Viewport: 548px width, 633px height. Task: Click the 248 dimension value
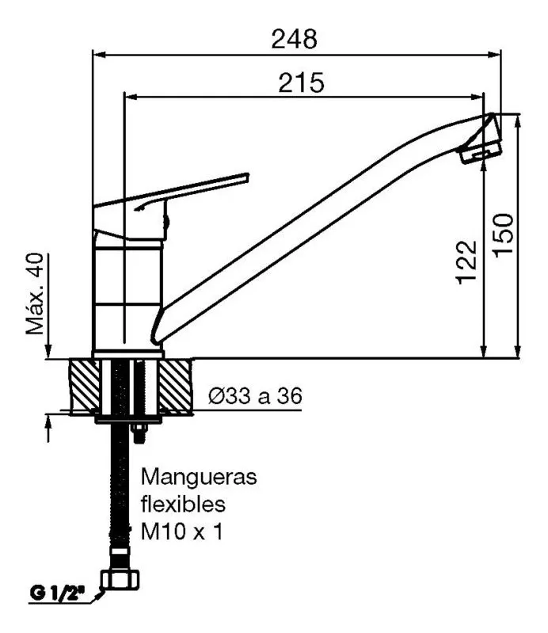pos(294,40)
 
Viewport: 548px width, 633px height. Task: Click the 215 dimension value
pos(301,82)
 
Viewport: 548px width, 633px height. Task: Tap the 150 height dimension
pos(503,235)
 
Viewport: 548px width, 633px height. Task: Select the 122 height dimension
pos(466,262)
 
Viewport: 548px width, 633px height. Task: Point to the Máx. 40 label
pos(35,293)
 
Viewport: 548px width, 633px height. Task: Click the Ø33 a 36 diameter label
pos(255,396)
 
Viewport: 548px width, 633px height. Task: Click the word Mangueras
pos(199,478)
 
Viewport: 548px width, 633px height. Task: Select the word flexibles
pos(183,504)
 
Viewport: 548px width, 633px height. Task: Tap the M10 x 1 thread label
pos(181,532)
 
